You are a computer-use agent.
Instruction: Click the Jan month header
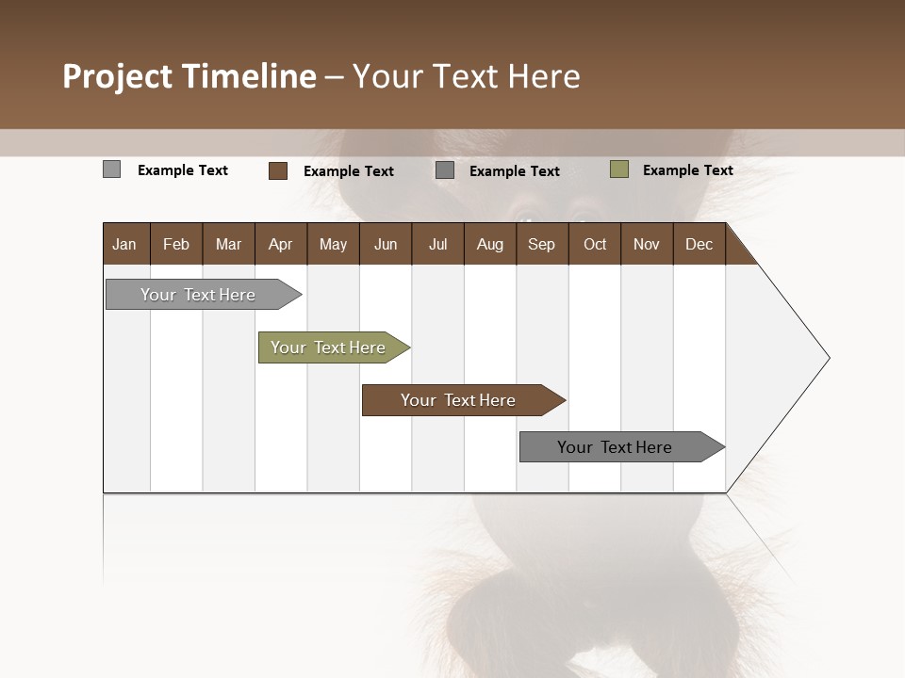[x=124, y=244]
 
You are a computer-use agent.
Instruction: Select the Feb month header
[x=176, y=244]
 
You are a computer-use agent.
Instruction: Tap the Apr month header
[x=280, y=244]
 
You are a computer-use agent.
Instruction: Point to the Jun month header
[x=386, y=244]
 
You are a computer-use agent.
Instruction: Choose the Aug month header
[x=489, y=244]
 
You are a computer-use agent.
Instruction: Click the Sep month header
[x=541, y=244]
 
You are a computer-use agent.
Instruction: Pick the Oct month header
[x=595, y=244]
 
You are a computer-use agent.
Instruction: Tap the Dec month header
[x=699, y=244]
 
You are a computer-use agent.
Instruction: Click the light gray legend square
[x=111, y=169]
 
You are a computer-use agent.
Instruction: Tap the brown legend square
[x=278, y=170]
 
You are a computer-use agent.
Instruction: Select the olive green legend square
[x=619, y=169]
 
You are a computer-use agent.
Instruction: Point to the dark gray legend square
[x=445, y=170]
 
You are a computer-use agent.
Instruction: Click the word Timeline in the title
[x=249, y=76]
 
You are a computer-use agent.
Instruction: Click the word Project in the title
[x=119, y=76]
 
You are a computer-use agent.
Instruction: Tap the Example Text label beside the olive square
[x=687, y=170]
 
